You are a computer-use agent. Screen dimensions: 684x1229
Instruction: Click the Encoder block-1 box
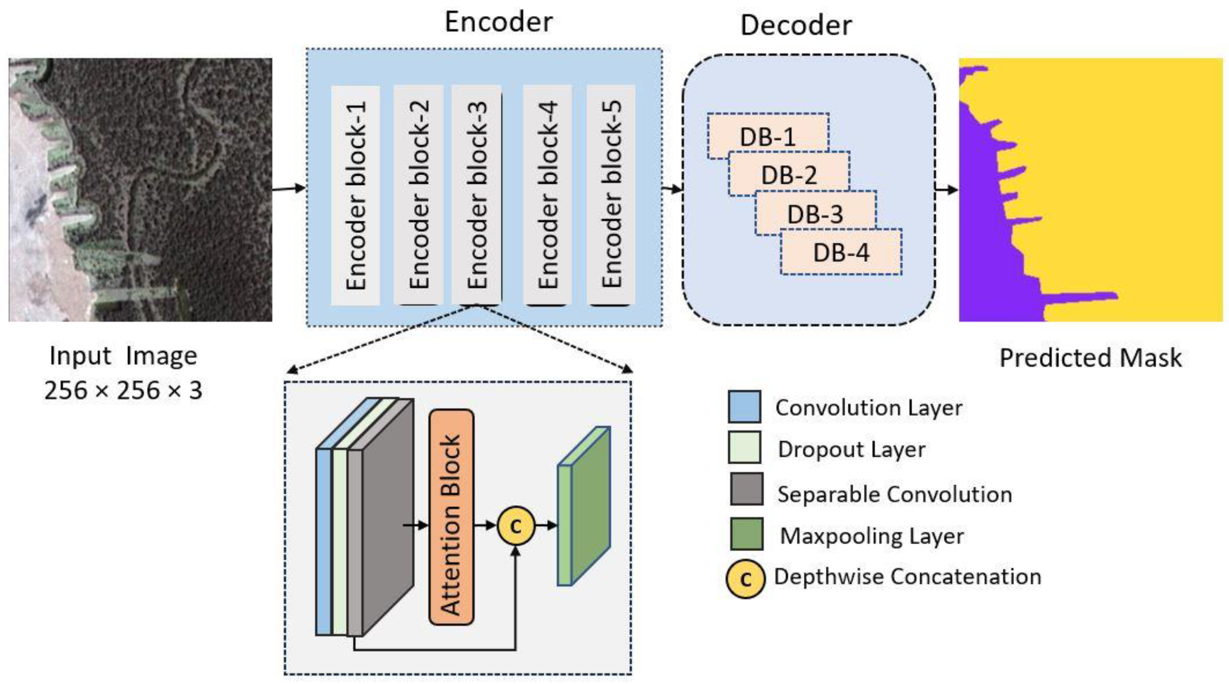(x=355, y=196)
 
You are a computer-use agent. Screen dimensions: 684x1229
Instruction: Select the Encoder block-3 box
(x=477, y=196)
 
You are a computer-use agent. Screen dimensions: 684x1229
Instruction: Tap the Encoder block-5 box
(x=611, y=196)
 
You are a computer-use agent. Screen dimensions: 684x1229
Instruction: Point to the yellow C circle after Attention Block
(x=515, y=526)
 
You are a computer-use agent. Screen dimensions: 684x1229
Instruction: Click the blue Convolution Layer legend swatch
(x=744, y=407)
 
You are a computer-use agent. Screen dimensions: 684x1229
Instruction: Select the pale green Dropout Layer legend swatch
(x=744, y=448)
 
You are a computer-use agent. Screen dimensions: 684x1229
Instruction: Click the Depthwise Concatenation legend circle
(x=745, y=579)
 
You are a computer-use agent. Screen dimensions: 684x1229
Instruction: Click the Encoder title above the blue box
(x=498, y=22)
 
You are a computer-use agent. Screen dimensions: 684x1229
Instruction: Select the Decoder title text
(x=796, y=25)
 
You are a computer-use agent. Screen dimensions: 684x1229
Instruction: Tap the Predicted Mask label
(x=1090, y=358)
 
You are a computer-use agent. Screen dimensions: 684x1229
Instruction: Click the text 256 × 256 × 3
(x=123, y=391)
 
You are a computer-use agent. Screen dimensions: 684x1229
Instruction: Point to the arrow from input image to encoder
(x=289, y=188)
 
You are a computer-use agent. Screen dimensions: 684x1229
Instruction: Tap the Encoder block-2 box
(x=419, y=196)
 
